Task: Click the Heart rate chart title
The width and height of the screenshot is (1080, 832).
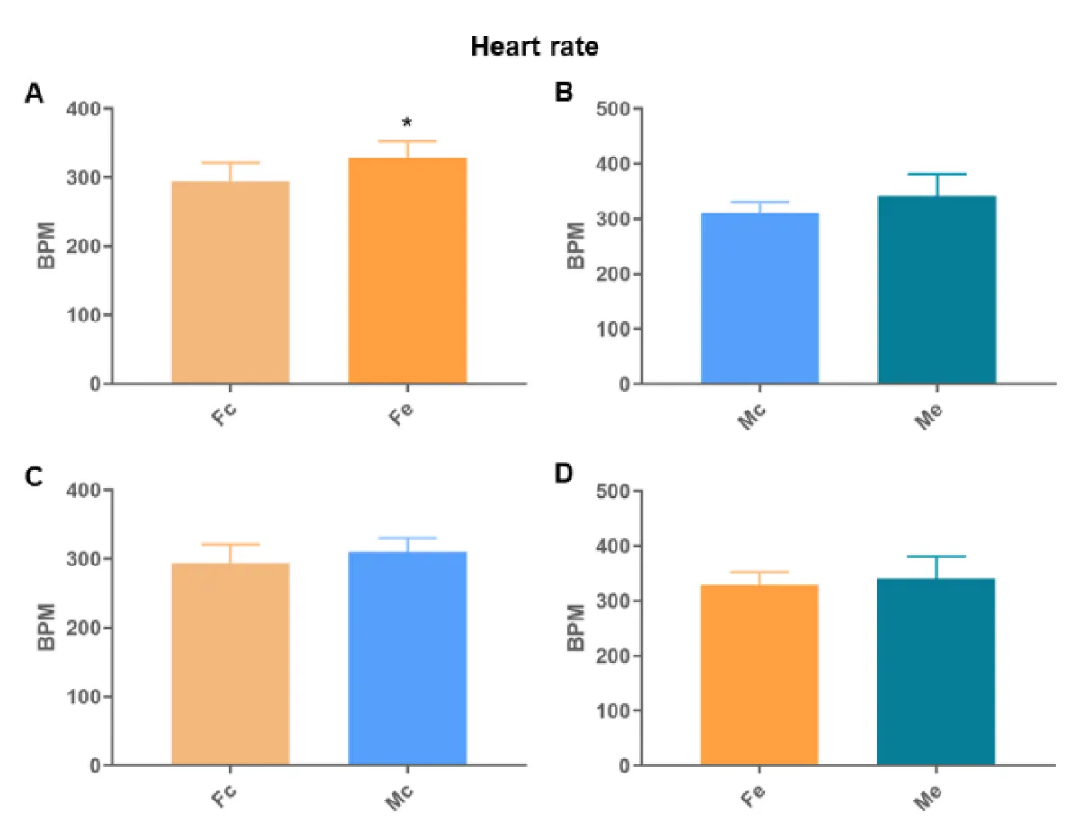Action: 535,47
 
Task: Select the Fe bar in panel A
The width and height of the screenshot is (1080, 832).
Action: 407,270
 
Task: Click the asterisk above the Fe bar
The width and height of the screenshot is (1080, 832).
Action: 407,122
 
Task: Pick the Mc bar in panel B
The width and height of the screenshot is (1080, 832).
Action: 760,298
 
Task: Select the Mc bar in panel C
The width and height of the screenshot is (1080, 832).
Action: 407,658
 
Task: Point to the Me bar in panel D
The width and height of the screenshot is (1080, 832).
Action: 937,672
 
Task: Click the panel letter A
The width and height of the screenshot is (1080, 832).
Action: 34,94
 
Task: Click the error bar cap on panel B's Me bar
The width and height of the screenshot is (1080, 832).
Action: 937,174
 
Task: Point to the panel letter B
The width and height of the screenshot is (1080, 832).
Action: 564,93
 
